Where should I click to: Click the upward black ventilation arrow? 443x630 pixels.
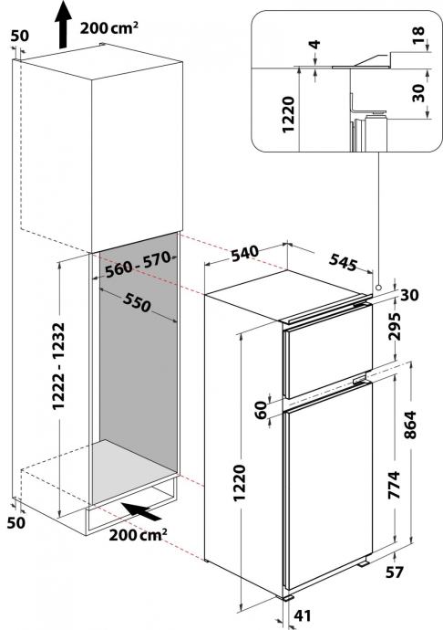pyautogui.click(x=64, y=25)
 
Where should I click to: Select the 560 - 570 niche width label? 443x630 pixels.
pyautogui.click(x=139, y=265)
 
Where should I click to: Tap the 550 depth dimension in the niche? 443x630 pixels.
pyautogui.click(x=138, y=302)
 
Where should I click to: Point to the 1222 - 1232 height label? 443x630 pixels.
pyautogui.click(x=58, y=365)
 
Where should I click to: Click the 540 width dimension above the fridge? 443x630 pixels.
pyautogui.click(x=245, y=253)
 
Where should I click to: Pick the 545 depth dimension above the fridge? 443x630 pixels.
pyautogui.click(x=343, y=263)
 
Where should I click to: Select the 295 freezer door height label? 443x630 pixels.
pyautogui.click(x=395, y=326)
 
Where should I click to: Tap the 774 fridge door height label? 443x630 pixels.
pyautogui.click(x=395, y=485)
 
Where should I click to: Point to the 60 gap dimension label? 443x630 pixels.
pyautogui.click(x=262, y=410)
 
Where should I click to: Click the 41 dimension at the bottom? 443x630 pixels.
pyautogui.click(x=303, y=615)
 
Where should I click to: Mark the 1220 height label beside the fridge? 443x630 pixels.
pyautogui.click(x=240, y=483)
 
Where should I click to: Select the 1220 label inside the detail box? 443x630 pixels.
pyautogui.click(x=289, y=114)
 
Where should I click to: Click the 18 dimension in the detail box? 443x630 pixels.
pyautogui.click(x=418, y=36)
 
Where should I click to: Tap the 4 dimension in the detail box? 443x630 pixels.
pyautogui.click(x=315, y=44)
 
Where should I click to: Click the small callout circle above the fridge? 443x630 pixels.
pyautogui.click(x=378, y=288)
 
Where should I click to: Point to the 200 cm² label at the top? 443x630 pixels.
pyautogui.click(x=109, y=28)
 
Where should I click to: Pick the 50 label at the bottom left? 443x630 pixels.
pyautogui.click(x=16, y=523)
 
